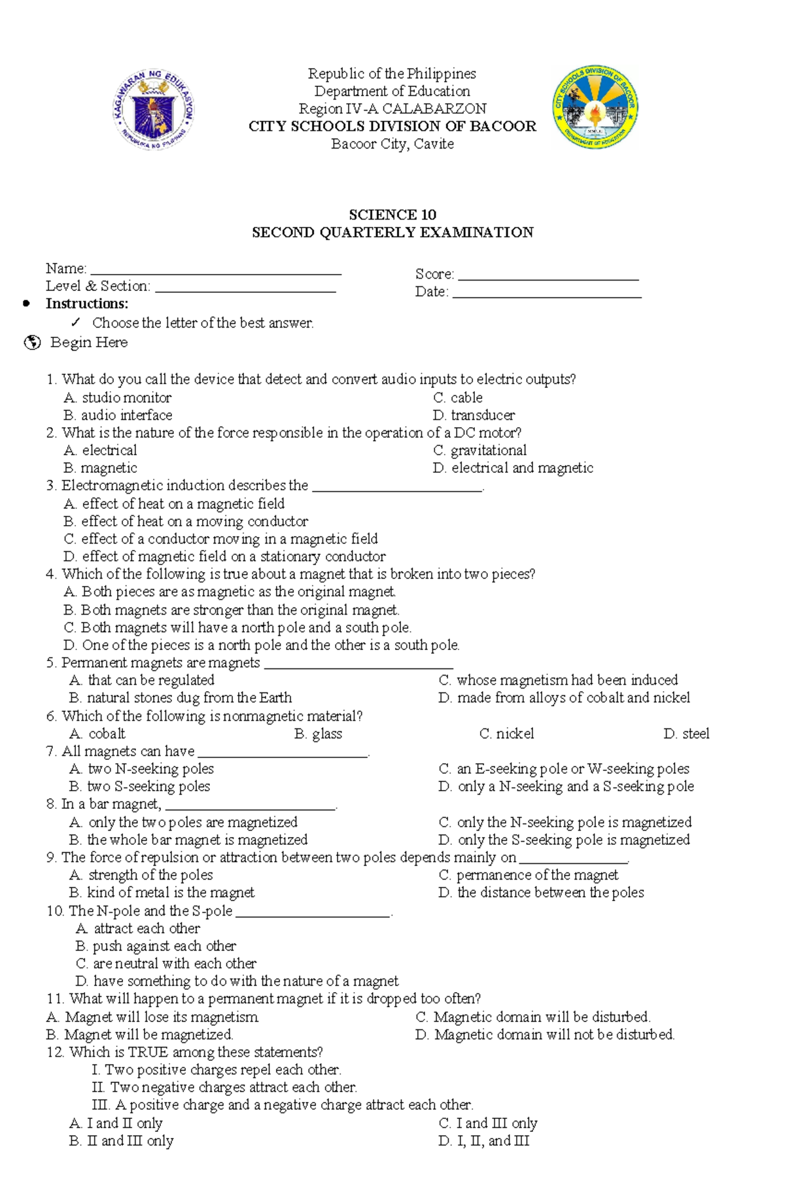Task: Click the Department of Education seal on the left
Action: (x=154, y=109)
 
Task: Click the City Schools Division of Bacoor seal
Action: (x=595, y=107)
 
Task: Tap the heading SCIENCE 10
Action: (x=392, y=214)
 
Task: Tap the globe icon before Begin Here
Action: (x=32, y=343)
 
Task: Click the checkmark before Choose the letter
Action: (x=77, y=322)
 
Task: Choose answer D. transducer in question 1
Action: (x=474, y=415)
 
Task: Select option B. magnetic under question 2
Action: (x=101, y=468)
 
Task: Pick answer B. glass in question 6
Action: (x=319, y=734)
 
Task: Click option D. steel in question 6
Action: (x=686, y=734)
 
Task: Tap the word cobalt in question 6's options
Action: (x=107, y=734)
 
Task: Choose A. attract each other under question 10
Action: (x=138, y=929)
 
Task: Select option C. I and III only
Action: (x=488, y=1123)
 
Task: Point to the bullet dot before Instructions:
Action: (x=26, y=303)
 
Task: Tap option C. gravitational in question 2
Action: (x=480, y=451)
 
